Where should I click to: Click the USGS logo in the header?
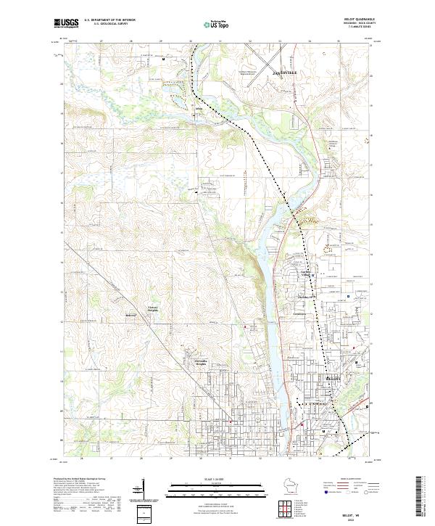(x=66, y=23)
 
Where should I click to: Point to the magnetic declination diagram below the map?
(x=139, y=493)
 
